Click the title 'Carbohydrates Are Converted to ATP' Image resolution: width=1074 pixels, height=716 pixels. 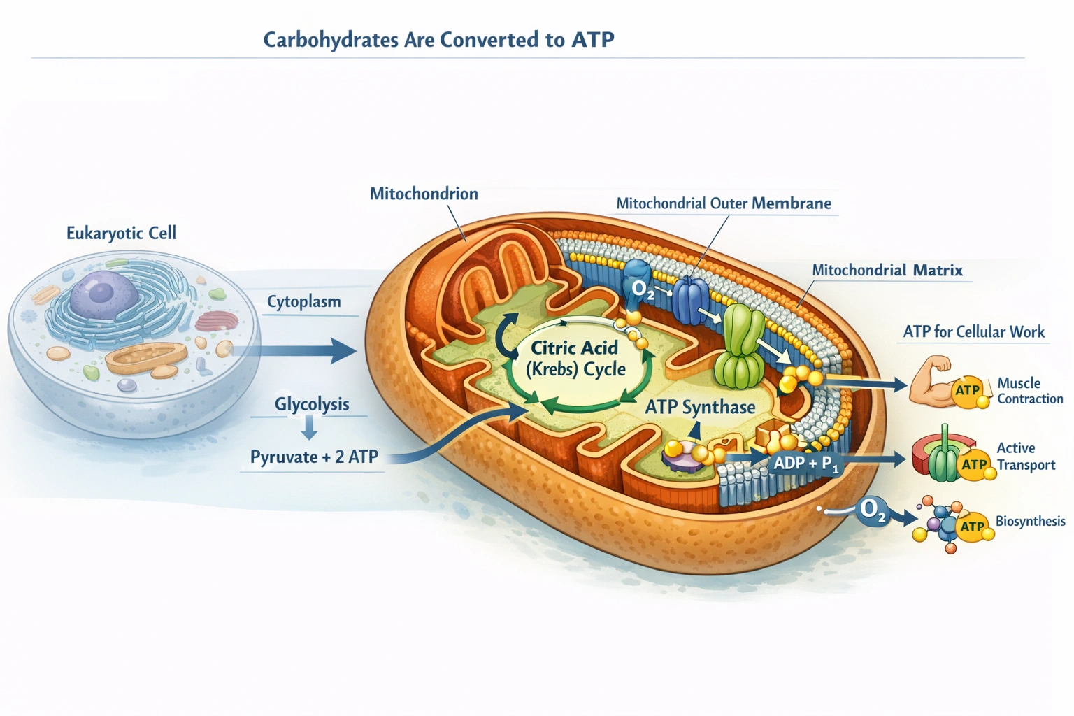coord(438,40)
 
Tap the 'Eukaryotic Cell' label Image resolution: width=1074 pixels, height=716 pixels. coord(121,233)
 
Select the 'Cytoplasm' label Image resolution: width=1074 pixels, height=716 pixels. coord(303,302)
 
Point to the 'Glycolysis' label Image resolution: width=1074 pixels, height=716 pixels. coord(311,404)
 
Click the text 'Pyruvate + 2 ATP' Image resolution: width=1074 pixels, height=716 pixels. coord(314,457)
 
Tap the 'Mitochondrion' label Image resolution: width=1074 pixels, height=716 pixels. coord(424,194)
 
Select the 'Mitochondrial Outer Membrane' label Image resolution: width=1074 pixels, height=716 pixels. coord(724,203)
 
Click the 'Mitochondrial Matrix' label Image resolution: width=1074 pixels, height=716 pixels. coord(887,270)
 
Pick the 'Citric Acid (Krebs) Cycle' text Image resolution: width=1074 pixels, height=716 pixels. coord(575,359)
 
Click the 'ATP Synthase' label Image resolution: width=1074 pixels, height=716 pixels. coord(700,407)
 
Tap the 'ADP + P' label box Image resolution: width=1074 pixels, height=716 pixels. coord(805,463)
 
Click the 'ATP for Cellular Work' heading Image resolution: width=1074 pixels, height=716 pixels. coord(973,331)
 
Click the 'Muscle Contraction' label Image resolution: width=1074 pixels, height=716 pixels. coord(1029,391)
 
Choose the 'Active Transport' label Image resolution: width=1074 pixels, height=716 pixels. coord(1025,457)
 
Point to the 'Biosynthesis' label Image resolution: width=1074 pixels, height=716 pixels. coord(1030,521)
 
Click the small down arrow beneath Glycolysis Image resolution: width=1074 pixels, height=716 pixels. coord(310,427)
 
